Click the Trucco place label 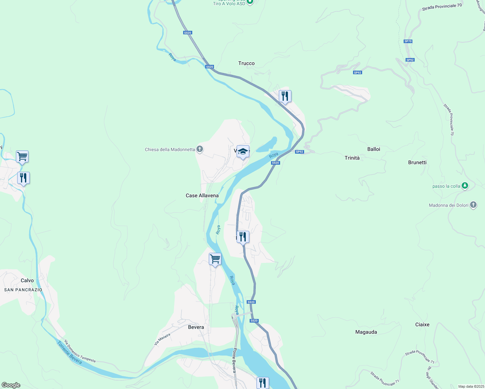246,63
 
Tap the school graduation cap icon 243,152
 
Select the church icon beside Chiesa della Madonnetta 200,149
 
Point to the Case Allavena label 202,195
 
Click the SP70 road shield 408,41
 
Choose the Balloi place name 373,149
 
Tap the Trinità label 352,158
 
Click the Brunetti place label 417,162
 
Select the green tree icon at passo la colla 465,186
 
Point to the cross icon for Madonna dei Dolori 473,205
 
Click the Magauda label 366,332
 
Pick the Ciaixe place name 422,324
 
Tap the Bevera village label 196,327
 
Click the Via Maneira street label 162,339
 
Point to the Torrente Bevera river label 69,352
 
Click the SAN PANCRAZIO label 23,290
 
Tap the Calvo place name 27,280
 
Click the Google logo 11,385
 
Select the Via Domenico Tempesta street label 80,351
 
